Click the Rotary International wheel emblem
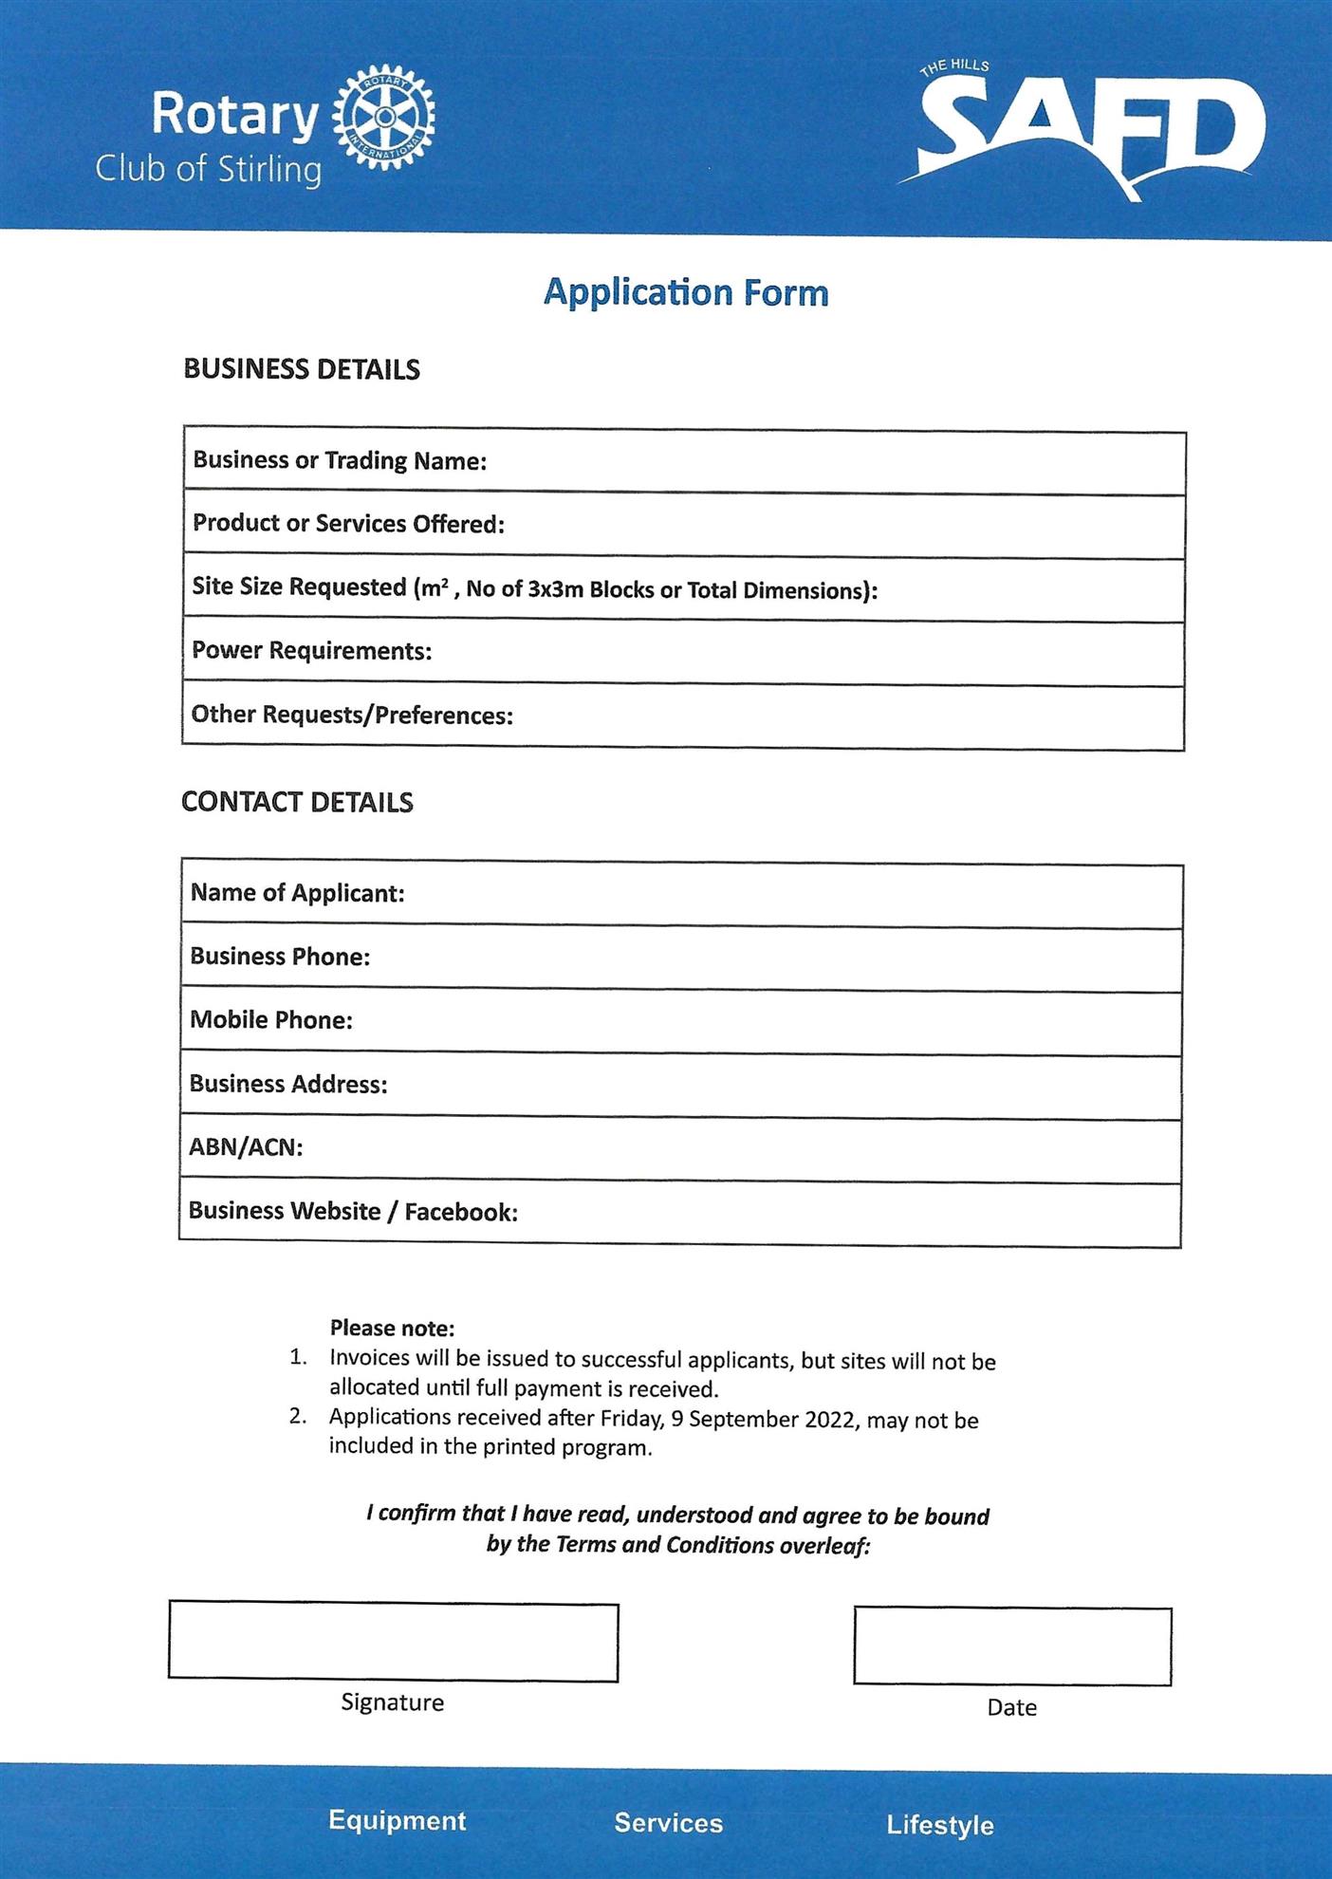[385, 117]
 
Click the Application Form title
[686, 292]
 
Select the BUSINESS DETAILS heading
[302, 369]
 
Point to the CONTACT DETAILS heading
[297, 802]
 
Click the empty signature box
[393, 1642]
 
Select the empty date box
[1012, 1646]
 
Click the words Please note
[392, 1329]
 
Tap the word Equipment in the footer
[397, 1820]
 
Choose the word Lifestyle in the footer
[939, 1825]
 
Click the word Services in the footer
[668, 1823]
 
